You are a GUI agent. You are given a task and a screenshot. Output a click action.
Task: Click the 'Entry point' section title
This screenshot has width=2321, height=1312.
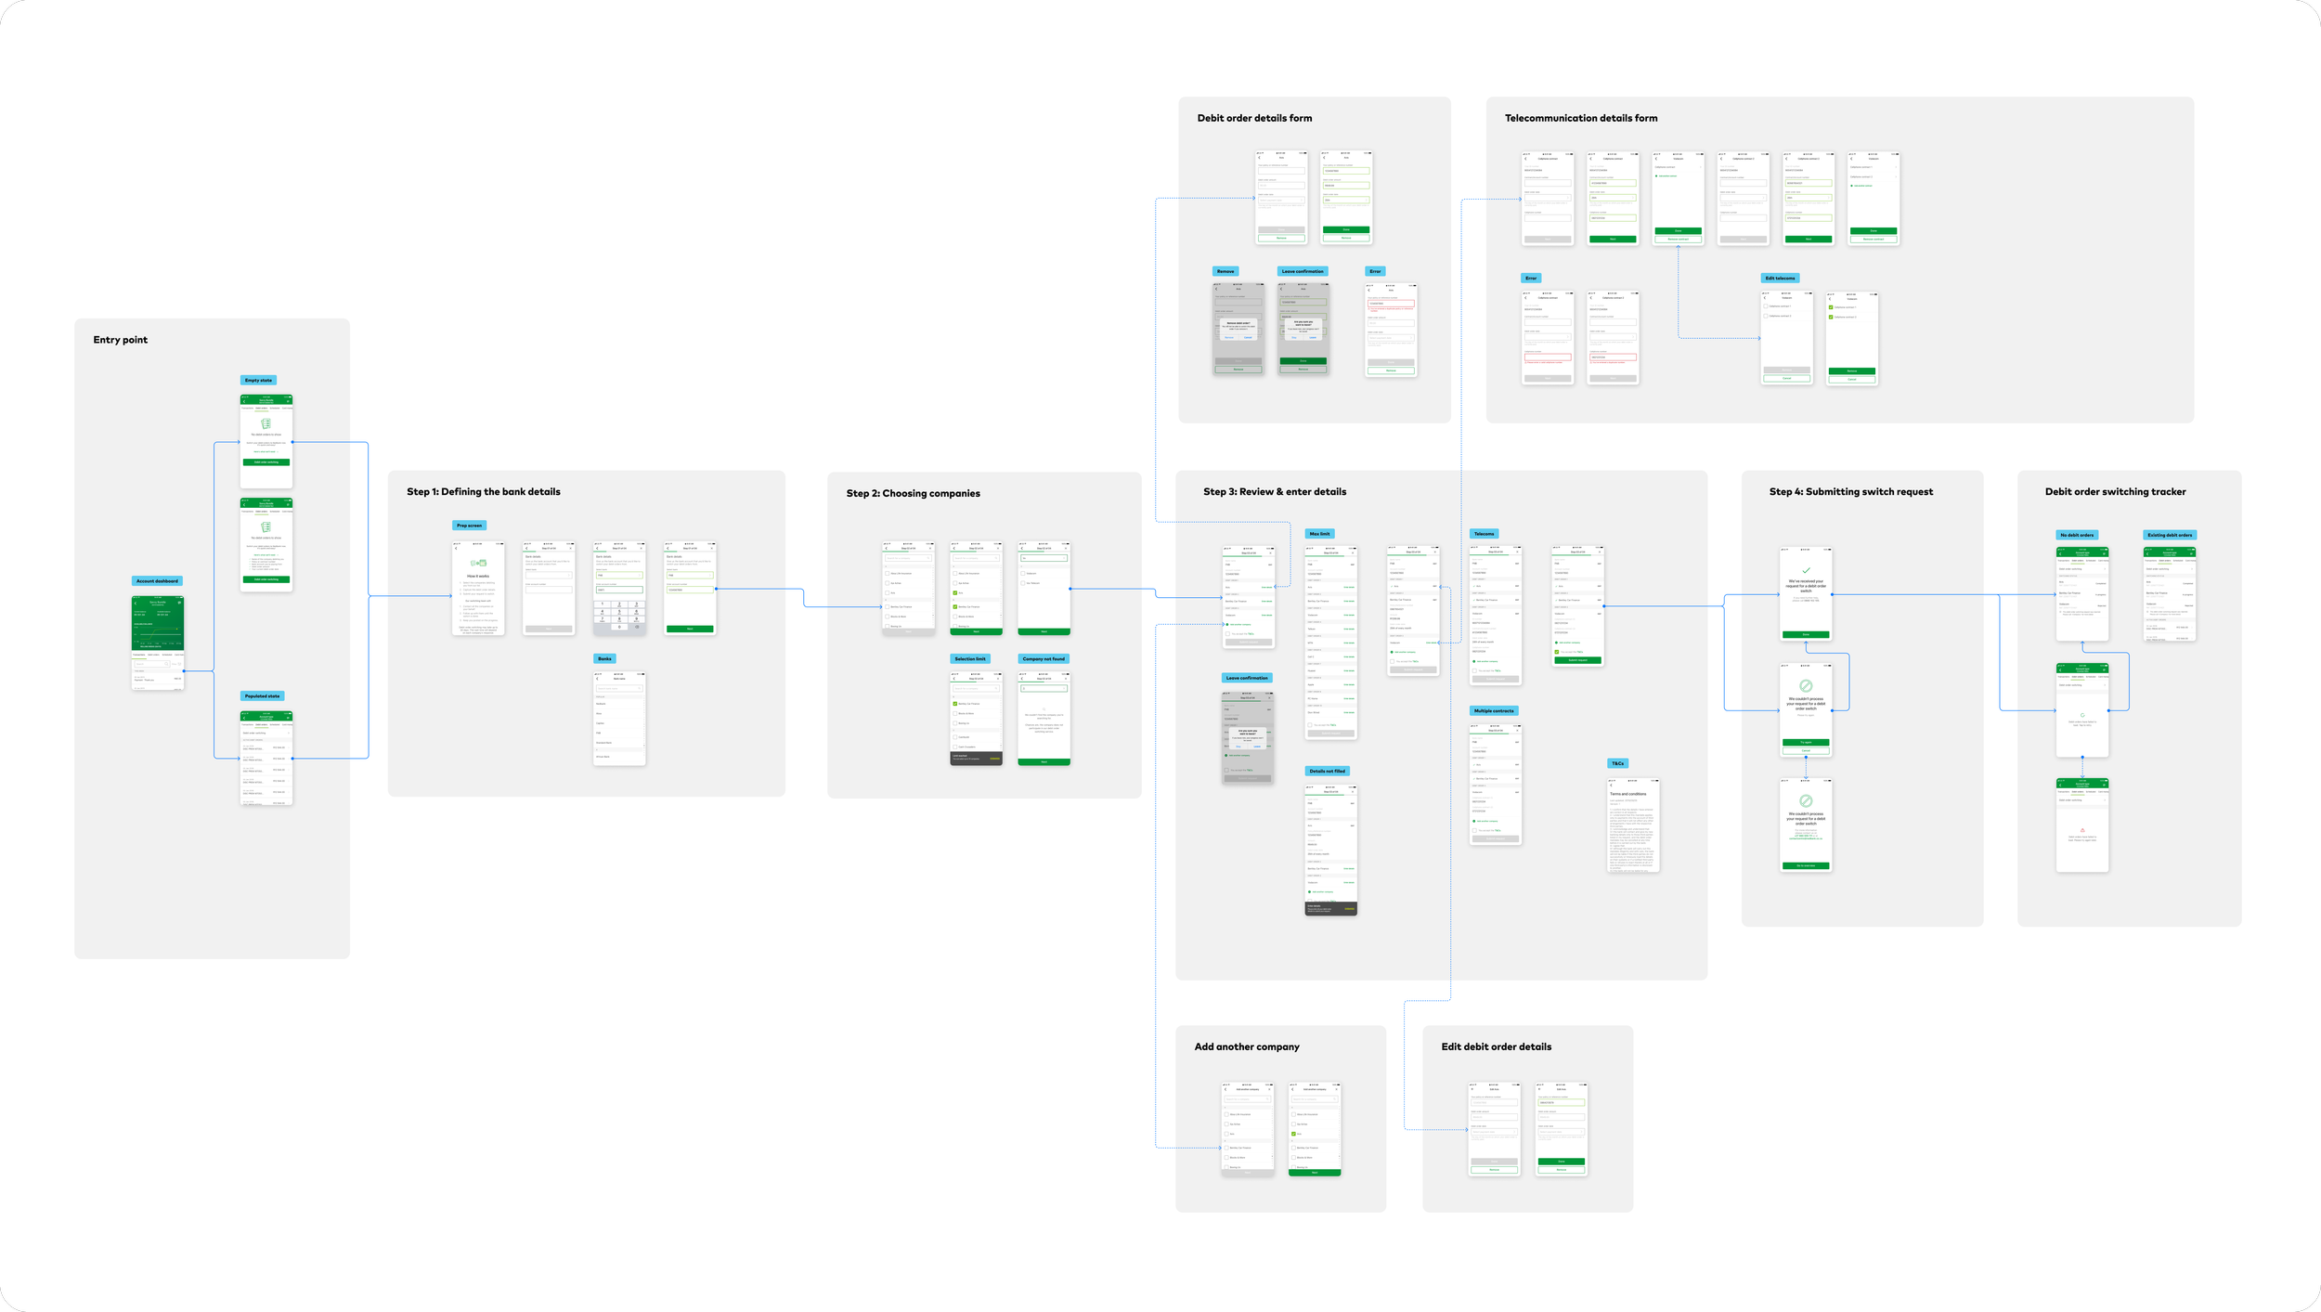tap(120, 340)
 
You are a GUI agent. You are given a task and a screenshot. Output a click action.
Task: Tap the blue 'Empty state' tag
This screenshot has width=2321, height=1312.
tap(258, 381)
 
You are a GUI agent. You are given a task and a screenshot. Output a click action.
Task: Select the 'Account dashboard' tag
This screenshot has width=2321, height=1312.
tap(157, 581)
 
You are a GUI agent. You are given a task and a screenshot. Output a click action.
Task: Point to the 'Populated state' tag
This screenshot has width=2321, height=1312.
tap(262, 696)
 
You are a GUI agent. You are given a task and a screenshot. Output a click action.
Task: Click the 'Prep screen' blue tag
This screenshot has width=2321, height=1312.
tap(469, 526)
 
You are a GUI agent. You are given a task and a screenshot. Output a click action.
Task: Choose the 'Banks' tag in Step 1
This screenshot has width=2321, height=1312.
tap(604, 659)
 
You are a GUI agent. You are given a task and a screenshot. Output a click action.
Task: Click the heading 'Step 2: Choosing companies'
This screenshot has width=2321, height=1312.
tap(913, 494)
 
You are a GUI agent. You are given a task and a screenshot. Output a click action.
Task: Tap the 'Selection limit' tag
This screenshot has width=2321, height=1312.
tap(970, 659)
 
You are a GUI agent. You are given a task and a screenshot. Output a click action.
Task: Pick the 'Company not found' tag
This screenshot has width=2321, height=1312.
tap(1044, 659)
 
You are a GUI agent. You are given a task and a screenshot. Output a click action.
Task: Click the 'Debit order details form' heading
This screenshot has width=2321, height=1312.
tap(1254, 119)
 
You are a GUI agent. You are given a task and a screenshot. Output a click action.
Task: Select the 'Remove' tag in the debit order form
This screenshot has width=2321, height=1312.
tap(1225, 272)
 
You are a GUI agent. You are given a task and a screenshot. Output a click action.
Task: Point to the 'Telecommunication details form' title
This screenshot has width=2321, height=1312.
tap(1580, 119)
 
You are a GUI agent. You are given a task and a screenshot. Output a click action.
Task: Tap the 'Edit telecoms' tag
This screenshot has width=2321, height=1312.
tap(1780, 279)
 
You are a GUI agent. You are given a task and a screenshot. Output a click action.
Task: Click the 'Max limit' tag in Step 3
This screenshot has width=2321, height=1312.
tap(1319, 534)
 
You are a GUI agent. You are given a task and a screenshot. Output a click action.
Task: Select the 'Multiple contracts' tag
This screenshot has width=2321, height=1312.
tap(1493, 711)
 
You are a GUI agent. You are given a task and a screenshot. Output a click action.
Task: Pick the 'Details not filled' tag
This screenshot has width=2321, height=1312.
tap(1327, 772)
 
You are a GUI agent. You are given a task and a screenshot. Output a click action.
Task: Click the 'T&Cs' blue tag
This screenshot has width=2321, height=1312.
tap(1617, 764)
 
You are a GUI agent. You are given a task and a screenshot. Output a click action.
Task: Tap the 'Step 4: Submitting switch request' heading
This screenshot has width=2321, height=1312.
tap(1850, 492)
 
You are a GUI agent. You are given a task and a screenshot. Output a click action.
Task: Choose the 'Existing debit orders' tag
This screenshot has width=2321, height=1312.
tap(2170, 536)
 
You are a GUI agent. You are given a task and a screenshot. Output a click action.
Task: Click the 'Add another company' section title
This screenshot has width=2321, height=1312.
tap(1246, 1047)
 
